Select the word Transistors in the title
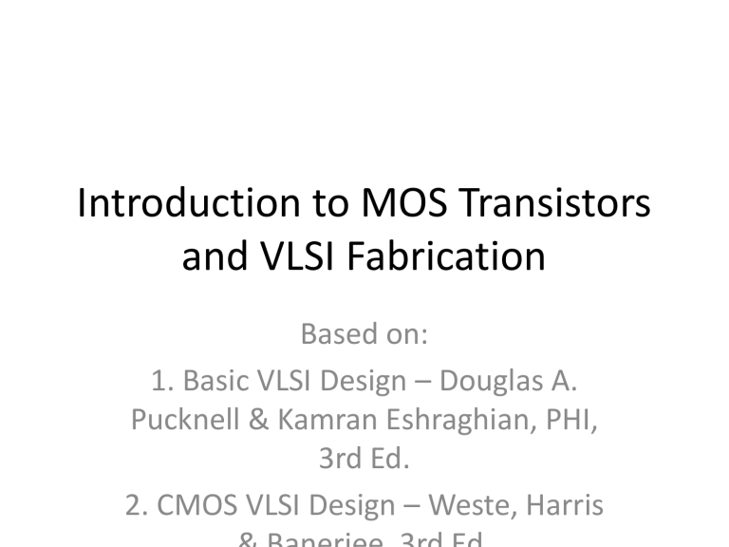tap(550, 205)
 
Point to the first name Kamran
tap(313, 422)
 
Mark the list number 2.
tap(134, 507)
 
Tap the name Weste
tap(471, 507)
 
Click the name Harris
tap(564, 507)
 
